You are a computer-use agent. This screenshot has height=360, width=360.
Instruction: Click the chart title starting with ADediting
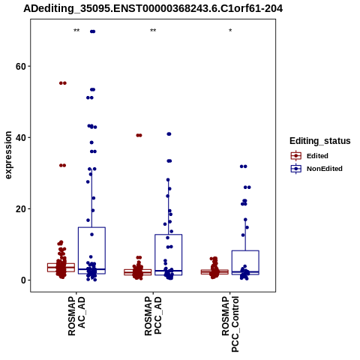[x=153, y=9]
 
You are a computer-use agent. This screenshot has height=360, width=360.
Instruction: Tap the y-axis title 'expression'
[x=8, y=155]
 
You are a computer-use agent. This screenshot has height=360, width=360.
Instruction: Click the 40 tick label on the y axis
[x=21, y=137]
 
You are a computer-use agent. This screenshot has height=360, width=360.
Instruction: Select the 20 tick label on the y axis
[x=21, y=208]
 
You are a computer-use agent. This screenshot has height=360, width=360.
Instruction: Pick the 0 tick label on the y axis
[x=23, y=280]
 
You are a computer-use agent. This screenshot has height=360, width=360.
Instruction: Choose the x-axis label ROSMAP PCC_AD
[x=153, y=316]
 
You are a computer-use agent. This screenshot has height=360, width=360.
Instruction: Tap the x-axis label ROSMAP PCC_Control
[x=230, y=324]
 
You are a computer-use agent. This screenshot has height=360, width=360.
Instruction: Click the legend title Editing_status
[x=320, y=141]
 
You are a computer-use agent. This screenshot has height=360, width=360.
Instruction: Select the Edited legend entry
[x=310, y=156]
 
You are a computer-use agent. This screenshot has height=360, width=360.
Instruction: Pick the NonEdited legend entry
[x=316, y=169]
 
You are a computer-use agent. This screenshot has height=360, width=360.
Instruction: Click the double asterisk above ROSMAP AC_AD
[x=76, y=31]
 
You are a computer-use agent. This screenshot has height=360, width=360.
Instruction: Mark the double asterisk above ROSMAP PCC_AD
[x=153, y=31]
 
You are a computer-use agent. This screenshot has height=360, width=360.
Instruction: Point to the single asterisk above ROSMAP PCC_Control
[x=230, y=31]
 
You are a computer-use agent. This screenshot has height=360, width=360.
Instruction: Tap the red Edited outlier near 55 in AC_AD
[x=63, y=83]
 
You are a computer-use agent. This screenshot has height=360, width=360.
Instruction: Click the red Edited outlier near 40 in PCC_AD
[x=139, y=136]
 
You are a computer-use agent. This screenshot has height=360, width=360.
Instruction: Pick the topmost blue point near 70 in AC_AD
[x=93, y=31]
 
